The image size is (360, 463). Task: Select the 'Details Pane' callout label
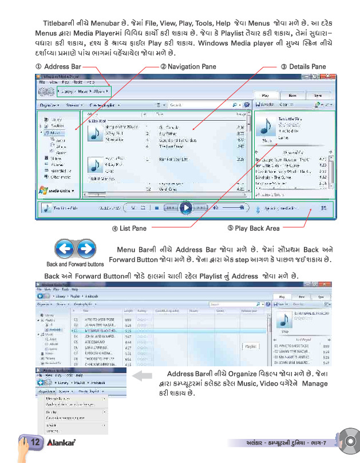[x=303, y=67]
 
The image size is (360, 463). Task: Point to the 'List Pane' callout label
[x=132, y=229]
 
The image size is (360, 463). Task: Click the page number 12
[x=34, y=442]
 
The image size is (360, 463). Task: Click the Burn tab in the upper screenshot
[x=292, y=96]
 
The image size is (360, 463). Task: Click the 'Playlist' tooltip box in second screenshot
[x=250, y=346]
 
